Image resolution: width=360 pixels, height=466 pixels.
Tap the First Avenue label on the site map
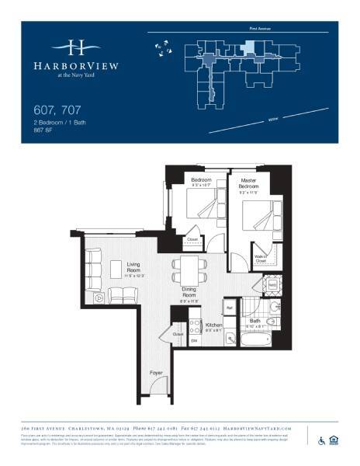click(259, 28)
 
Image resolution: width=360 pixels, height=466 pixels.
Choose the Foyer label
click(156, 374)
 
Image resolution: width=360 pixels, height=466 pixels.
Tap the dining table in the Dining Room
click(189, 271)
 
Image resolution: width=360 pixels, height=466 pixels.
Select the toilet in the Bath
click(272, 324)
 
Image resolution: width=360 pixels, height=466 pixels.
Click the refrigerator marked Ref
click(229, 307)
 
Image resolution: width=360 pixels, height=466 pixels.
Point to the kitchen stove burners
click(196, 328)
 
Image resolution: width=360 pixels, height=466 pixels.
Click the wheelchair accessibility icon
click(321, 441)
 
